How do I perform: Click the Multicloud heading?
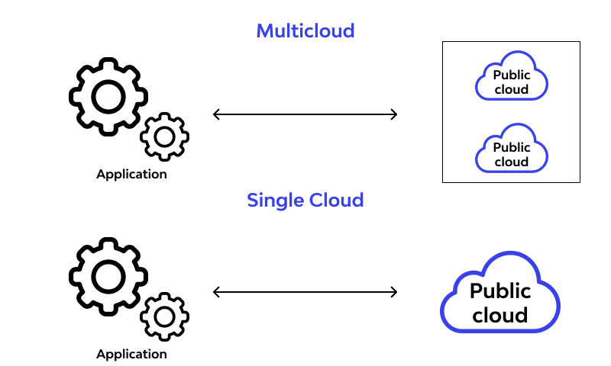305,31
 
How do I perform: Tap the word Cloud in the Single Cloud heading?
335,201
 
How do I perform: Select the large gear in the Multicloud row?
108,96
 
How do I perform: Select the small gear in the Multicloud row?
164,137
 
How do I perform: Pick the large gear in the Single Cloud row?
108,276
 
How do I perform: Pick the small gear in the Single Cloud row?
164,316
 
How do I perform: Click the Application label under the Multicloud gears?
131,175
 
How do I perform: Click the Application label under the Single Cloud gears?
131,354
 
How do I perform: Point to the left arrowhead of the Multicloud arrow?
216,114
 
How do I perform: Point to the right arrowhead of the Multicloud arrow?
394,114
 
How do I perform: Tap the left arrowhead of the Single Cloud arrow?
216,292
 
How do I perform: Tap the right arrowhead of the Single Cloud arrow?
394,292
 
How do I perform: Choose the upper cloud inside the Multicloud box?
512,77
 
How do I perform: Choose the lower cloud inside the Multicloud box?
512,149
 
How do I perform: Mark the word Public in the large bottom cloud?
500,291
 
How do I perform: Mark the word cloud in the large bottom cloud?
500,315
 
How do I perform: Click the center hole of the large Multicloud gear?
108,96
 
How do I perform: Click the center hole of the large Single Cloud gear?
108,276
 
